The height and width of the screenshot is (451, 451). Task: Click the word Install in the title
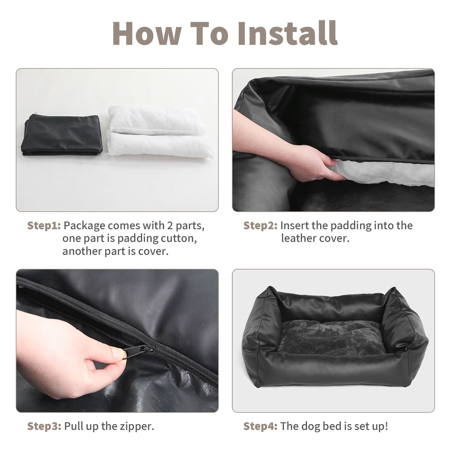pyautogui.click(x=288, y=33)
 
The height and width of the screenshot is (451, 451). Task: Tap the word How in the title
pyautogui.click(x=147, y=33)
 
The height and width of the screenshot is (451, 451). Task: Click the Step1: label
pyautogui.click(x=44, y=225)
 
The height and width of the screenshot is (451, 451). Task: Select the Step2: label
pyautogui.click(x=260, y=225)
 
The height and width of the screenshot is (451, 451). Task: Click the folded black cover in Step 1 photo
pyautogui.click(x=62, y=135)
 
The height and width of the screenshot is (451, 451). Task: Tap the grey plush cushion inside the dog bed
pyautogui.click(x=332, y=337)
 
